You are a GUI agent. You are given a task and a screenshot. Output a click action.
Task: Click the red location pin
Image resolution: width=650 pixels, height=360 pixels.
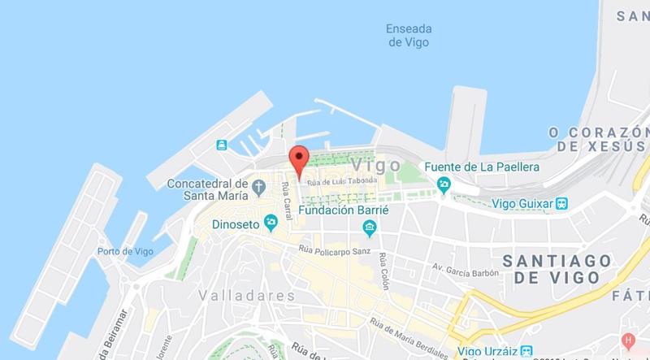(300, 160)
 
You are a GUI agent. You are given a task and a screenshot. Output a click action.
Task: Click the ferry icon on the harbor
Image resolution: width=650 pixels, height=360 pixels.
(222, 145)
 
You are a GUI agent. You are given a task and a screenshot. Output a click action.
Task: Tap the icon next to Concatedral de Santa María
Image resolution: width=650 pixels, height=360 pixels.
(258, 185)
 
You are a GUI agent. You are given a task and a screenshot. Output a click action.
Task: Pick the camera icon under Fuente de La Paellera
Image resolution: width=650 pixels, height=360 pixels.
(443, 185)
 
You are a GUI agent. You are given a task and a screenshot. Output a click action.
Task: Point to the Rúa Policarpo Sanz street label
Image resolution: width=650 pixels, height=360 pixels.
(334, 250)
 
